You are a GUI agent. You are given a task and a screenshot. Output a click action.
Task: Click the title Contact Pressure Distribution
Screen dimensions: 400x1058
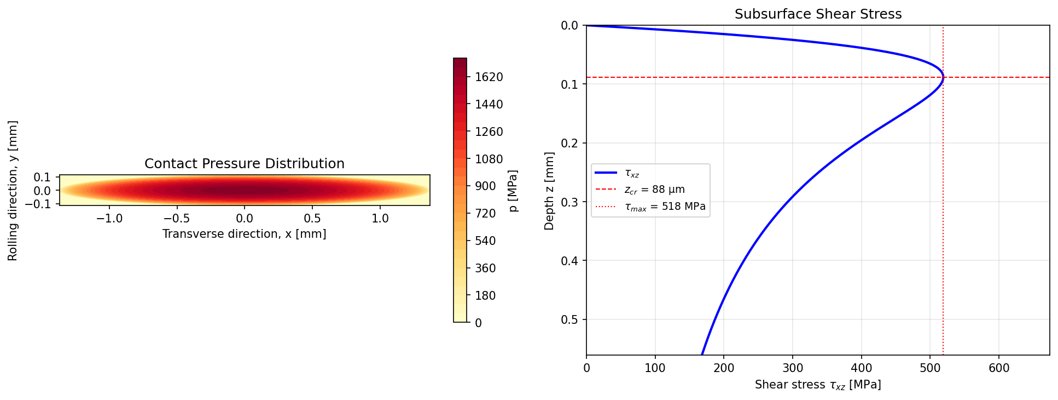244,164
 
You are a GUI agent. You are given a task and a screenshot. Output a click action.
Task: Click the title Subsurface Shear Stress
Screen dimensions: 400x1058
818,14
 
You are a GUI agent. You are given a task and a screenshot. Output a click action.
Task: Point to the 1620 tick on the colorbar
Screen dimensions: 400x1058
488,77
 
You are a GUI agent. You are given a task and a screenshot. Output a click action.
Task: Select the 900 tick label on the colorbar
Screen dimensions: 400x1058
485,186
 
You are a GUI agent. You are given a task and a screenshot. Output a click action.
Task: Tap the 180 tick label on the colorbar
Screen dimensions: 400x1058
485,296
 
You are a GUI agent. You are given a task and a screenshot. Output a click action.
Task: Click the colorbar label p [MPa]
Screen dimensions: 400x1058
513,191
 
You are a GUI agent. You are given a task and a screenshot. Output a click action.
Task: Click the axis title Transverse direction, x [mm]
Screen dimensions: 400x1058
244,235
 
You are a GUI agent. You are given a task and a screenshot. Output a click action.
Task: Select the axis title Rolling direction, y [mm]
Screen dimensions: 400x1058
13,191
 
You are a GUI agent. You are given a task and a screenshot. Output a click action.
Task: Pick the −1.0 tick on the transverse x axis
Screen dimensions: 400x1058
109,218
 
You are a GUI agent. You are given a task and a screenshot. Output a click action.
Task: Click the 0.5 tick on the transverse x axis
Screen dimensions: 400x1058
312,218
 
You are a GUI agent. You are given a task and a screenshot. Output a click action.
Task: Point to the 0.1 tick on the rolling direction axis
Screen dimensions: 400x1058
42,177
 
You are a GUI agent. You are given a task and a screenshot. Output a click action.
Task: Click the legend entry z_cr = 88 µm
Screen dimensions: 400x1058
654,190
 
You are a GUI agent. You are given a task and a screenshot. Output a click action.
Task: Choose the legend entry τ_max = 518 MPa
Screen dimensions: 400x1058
665,207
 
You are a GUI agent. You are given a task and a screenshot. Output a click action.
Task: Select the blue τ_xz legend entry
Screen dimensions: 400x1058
632,173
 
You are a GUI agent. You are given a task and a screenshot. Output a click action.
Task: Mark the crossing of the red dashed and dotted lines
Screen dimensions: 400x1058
943,77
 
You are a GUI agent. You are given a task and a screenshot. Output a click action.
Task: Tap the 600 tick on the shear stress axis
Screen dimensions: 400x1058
999,368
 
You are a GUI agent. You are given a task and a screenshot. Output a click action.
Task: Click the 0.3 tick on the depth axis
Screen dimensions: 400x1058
569,202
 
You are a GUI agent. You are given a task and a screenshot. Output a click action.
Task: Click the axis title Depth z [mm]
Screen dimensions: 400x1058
549,191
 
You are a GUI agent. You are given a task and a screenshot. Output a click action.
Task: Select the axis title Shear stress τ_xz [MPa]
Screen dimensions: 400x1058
818,385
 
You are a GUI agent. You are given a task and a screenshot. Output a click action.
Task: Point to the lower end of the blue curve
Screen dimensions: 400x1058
702,354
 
